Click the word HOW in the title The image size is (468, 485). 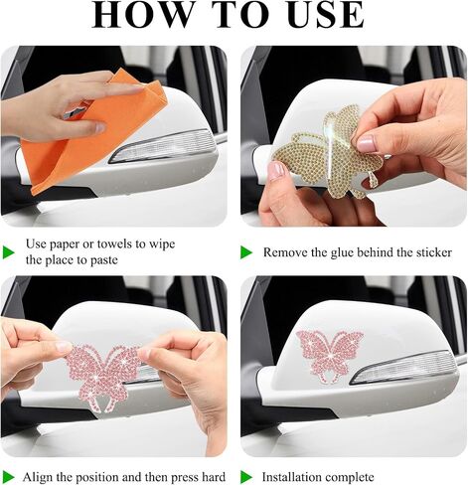(142, 15)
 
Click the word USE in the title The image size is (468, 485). (326, 15)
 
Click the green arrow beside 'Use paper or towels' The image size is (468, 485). (9, 252)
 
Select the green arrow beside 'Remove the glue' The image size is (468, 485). (246, 252)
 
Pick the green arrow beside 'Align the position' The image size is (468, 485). (9, 477)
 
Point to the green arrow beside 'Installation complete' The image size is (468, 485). (246, 477)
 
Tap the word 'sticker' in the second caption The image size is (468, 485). (434, 252)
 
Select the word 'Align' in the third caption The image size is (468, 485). (38, 477)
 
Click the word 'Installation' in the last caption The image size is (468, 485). (290, 477)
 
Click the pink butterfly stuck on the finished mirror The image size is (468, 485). (330, 356)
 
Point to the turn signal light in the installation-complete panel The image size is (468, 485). (404, 367)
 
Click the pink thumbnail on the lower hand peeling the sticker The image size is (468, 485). (276, 170)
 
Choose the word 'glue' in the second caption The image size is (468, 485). (342, 253)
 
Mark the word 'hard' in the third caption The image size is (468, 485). (214, 477)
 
